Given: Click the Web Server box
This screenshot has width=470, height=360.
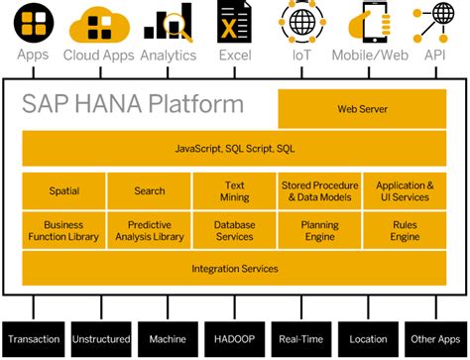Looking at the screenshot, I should click(361, 109).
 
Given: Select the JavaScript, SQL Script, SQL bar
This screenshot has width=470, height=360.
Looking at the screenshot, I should click(234, 149).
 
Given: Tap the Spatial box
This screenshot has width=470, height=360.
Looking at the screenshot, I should click(63, 190).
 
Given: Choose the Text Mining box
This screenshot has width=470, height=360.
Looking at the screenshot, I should click(234, 190).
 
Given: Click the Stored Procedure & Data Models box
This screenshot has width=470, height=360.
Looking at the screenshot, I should click(320, 190).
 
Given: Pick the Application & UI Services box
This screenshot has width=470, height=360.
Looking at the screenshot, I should click(405, 190).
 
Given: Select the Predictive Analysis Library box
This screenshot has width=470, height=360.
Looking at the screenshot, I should click(149, 230).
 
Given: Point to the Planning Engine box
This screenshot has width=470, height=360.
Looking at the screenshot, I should click(320, 230).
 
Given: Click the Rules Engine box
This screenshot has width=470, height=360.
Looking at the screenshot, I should click(405, 230).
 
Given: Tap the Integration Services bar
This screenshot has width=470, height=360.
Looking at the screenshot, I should click(234, 268).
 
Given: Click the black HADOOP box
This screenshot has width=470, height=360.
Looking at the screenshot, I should click(234, 339).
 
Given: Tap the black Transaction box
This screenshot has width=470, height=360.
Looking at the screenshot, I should click(34, 339).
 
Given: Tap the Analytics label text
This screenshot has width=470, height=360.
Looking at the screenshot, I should click(168, 55).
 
